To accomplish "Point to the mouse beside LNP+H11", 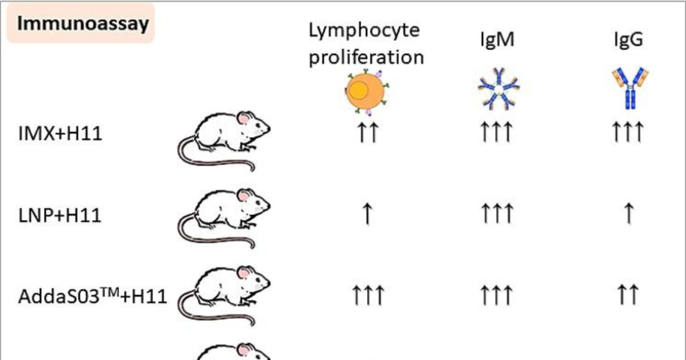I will (x=226, y=217).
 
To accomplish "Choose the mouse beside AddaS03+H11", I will (x=226, y=294).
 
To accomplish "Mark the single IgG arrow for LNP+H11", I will (x=628, y=214).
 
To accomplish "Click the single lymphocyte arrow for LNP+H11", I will (x=366, y=214).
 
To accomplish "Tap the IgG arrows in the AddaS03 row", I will (x=628, y=295).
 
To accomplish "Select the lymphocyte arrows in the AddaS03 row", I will (x=366, y=295).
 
